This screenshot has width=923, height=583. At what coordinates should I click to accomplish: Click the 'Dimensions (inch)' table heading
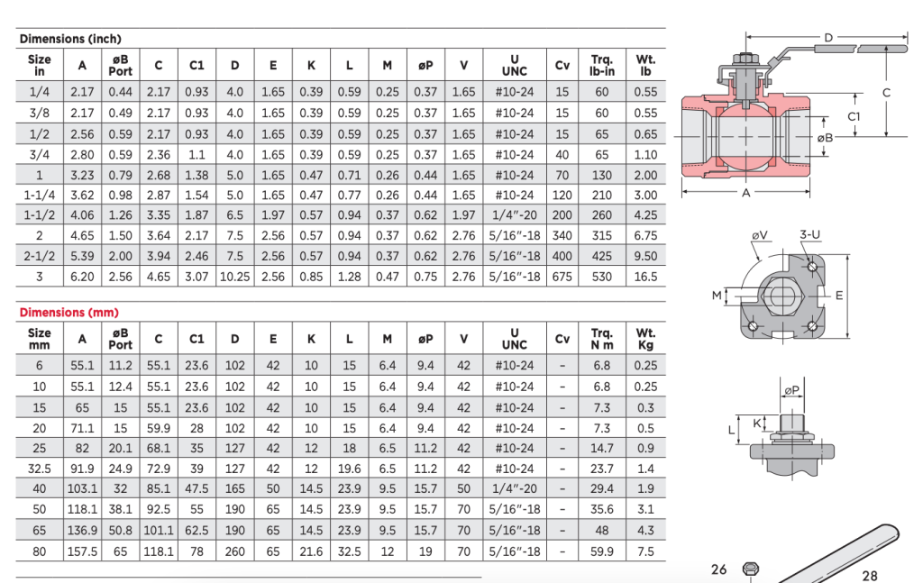point(70,39)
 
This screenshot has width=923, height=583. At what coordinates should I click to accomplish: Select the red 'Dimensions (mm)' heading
point(69,313)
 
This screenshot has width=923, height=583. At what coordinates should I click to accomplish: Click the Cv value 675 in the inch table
point(562,277)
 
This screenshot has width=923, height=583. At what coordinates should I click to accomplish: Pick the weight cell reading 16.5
point(645,277)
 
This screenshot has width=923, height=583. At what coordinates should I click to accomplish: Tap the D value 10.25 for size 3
point(235,277)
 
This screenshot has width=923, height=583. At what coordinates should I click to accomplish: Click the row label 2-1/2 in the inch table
point(40,256)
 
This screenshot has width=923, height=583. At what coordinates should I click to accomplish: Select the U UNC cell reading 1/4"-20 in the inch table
point(515,215)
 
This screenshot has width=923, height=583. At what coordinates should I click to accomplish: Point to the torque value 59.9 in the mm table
point(601,551)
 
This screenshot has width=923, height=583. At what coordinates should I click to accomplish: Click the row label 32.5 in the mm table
point(40,469)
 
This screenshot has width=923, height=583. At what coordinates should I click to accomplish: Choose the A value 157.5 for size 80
point(82,551)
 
